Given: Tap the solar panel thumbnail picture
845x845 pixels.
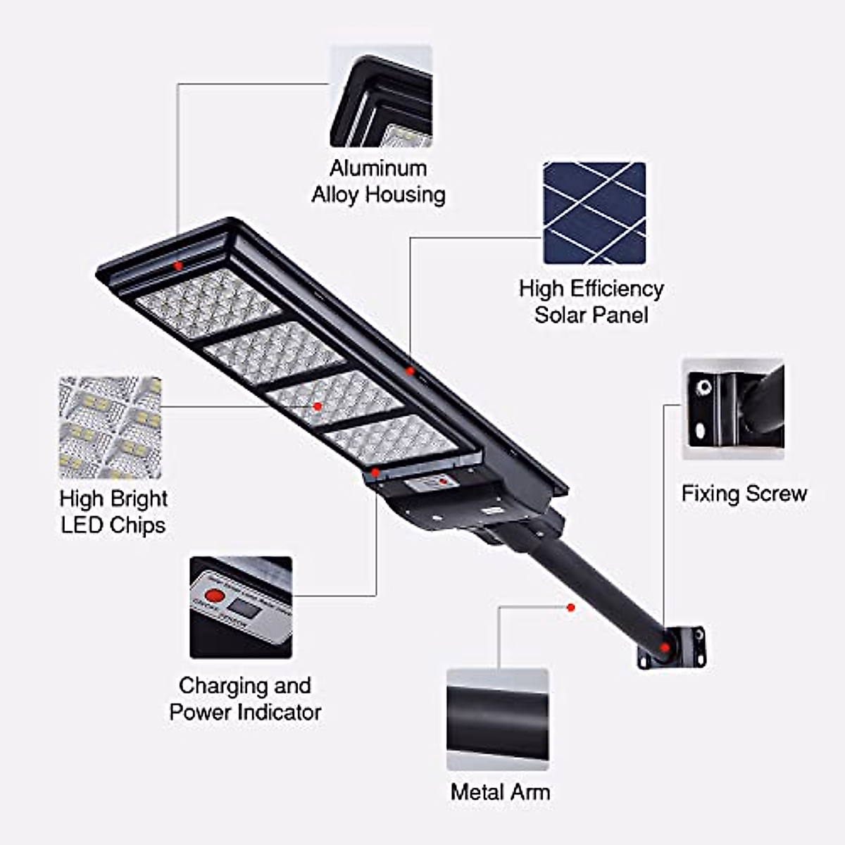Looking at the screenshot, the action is (594, 213).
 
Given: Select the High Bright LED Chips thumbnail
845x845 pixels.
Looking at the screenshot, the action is (110, 427).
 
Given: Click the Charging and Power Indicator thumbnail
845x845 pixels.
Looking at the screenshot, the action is (241, 607).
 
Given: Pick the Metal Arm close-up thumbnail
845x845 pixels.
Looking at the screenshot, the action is (497, 719).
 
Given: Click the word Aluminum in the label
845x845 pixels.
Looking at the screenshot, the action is (378, 168).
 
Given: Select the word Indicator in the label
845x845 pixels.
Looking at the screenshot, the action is (280, 712).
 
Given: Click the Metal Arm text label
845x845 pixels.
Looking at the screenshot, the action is (500, 792).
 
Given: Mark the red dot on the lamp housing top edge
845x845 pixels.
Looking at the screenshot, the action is (178, 265).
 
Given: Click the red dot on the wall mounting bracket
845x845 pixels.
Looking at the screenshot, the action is (665, 646).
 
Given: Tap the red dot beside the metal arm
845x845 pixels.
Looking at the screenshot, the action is (571, 607).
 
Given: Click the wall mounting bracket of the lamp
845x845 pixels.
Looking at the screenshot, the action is (672, 646).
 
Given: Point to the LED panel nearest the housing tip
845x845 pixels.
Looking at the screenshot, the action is (208, 303).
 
